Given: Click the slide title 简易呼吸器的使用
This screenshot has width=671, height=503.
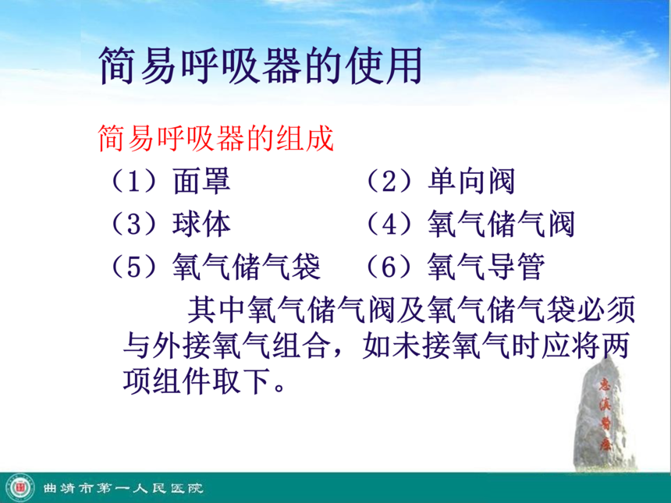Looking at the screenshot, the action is (x=261, y=66).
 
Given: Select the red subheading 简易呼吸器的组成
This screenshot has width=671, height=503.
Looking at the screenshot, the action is (x=216, y=138).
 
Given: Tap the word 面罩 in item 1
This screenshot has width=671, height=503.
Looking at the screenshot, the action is (x=201, y=181).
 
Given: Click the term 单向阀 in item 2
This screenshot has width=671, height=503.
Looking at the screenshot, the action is (x=471, y=181).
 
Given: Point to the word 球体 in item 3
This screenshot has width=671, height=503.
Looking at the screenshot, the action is (x=201, y=223).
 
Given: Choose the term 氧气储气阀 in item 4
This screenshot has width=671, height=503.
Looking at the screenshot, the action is (x=501, y=223).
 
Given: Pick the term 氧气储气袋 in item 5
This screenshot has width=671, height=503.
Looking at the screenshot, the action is (x=247, y=266).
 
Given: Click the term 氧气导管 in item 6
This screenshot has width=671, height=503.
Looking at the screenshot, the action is (x=486, y=266).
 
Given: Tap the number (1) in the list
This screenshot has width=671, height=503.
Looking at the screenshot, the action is (x=134, y=181).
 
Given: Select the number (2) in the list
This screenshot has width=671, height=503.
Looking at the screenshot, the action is (x=389, y=181).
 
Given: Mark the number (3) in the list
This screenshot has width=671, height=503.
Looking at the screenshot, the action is (x=134, y=223).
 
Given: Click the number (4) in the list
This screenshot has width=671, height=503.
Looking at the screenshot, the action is (x=389, y=223).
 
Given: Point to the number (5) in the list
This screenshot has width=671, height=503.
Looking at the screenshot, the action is (x=134, y=266).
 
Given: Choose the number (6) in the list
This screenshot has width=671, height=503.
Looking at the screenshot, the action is (x=389, y=266).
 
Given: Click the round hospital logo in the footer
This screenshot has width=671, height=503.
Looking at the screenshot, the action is (x=20, y=488).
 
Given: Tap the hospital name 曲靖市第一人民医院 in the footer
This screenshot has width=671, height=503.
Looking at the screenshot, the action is (x=123, y=488).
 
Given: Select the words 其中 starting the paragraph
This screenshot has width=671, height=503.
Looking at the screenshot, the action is (x=217, y=310).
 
